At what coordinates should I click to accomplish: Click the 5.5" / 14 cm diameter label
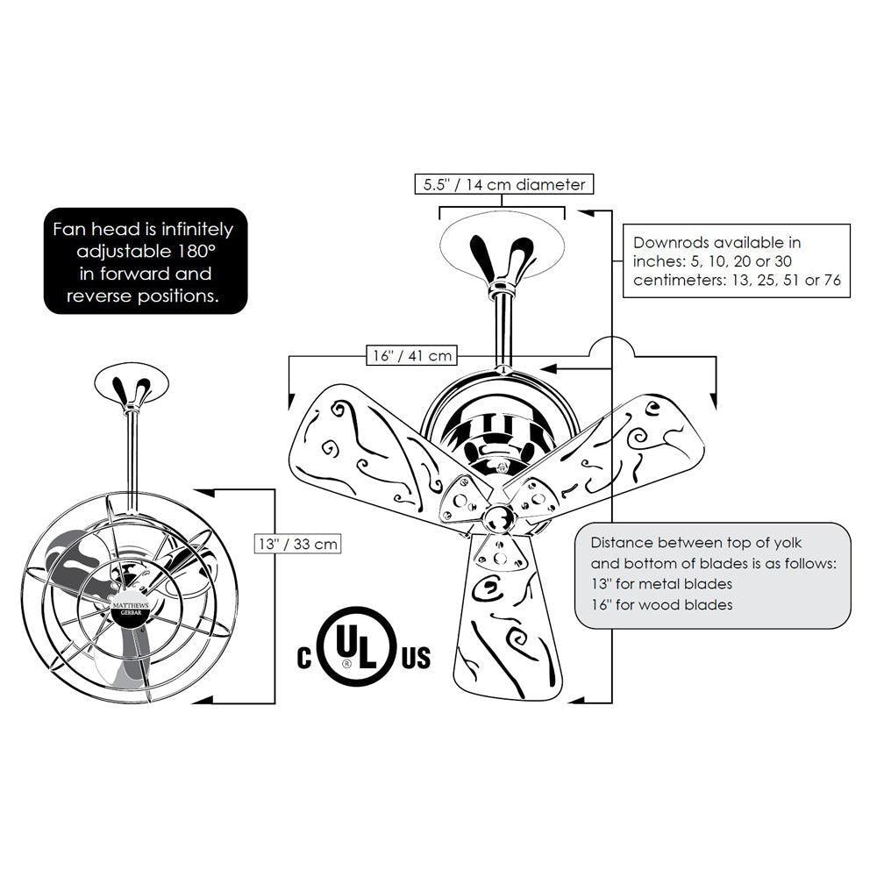click(x=504, y=184)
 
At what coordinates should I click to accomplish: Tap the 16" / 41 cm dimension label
click(x=412, y=355)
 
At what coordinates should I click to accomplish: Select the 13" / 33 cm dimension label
click(x=297, y=543)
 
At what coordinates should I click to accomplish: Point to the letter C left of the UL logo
click(x=304, y=658)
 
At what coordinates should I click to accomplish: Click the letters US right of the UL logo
click(x=416, y=658)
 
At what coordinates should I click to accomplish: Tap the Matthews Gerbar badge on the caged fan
click(x=131, y=609)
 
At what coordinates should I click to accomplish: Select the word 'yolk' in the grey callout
click(x=788, y=543)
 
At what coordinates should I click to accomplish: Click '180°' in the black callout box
click(x=196, y=251)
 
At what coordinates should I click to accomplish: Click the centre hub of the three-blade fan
click(x=498, y=517)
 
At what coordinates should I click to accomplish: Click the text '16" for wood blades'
click(x=661, y=604)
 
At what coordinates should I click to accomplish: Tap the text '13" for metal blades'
click(x=661, y=584)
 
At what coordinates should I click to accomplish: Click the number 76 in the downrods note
click(x=832, y=280)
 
